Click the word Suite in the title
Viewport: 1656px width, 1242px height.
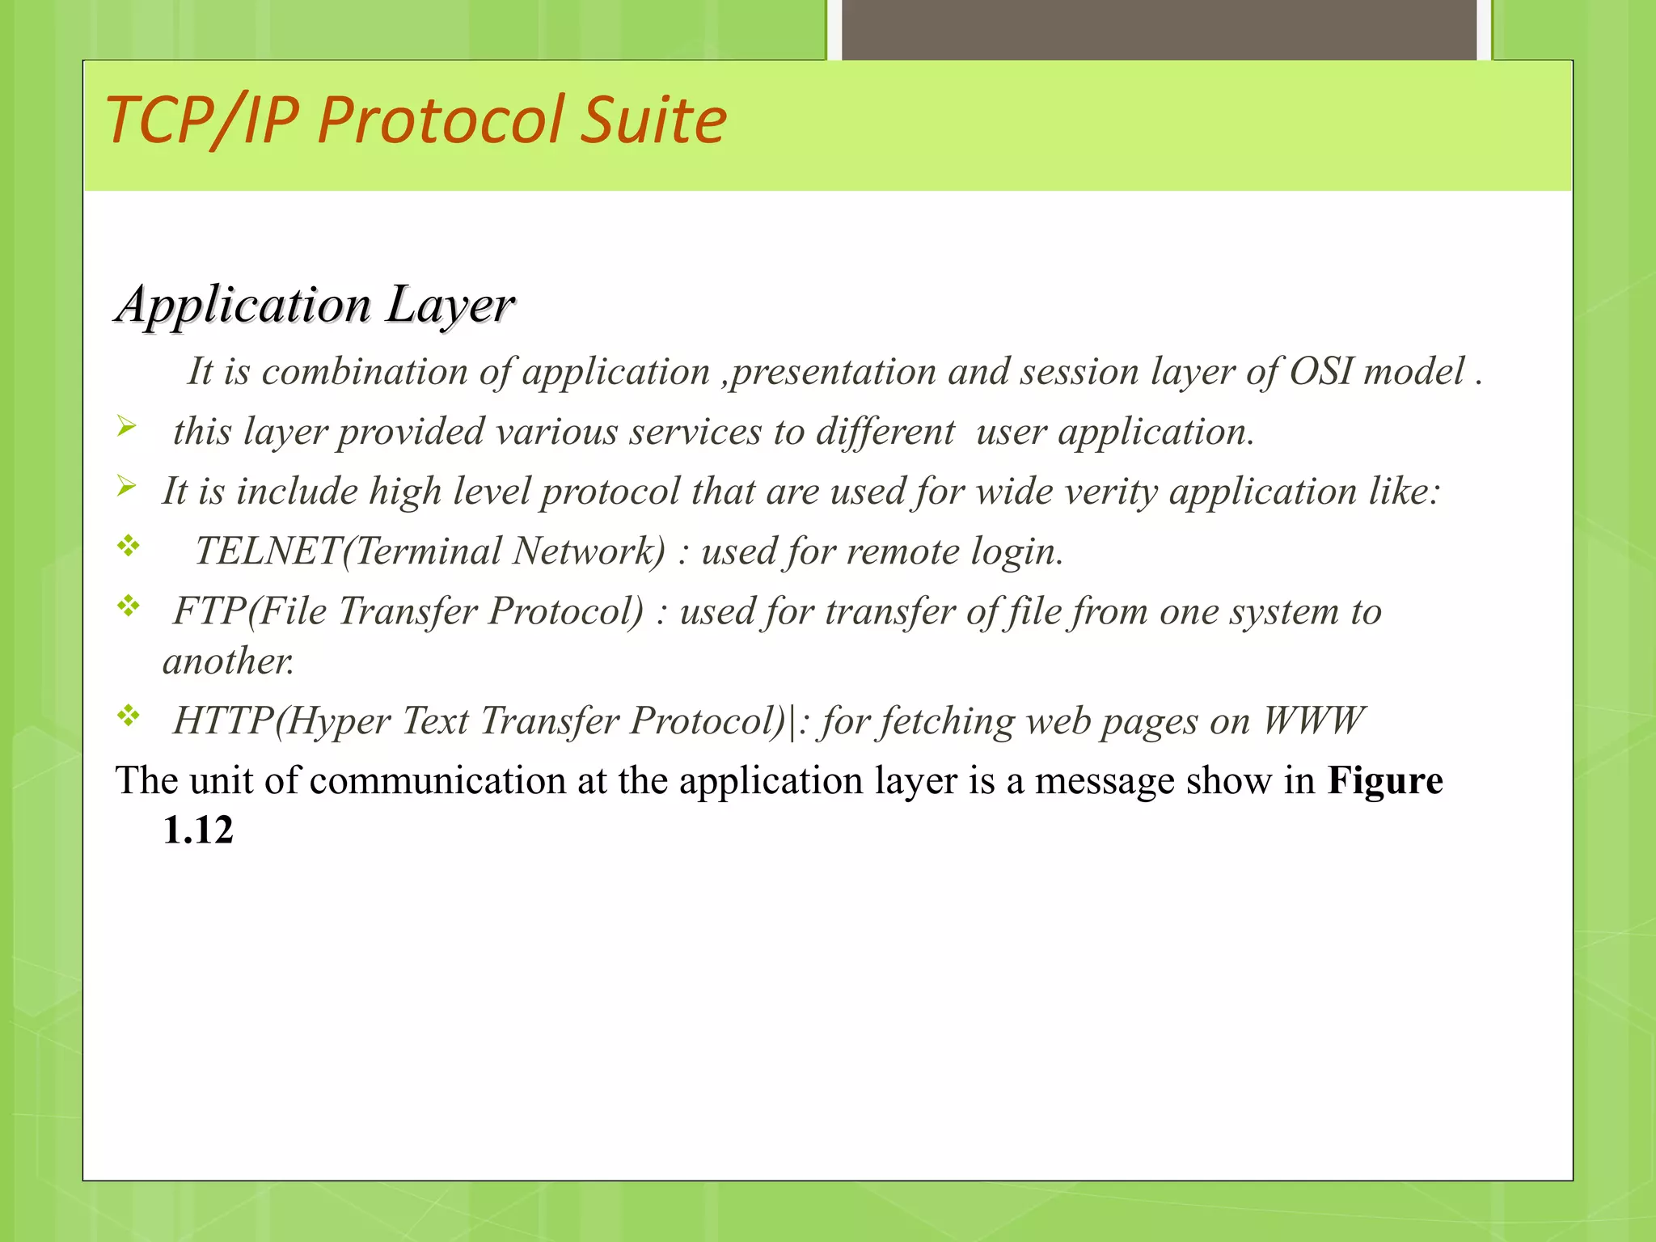coord(654,120)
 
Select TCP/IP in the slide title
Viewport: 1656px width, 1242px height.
coord(202,120)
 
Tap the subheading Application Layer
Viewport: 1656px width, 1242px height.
coord(315,305)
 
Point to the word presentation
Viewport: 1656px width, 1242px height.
coord(834,373)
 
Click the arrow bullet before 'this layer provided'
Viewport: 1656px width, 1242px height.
coord(126,426)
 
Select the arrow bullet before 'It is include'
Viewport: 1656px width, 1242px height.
coord(126,486)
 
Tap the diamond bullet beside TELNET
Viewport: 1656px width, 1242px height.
coord(128,547)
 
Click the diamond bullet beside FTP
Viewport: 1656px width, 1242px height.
coord(128,606)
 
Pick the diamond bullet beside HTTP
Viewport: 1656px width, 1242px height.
coord(128,716)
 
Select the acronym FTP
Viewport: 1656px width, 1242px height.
coord(209,611)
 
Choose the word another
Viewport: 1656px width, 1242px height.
coord(228,661)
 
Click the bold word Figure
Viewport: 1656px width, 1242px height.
coord(1384,781)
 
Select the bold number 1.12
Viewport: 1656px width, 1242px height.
coord(198,830)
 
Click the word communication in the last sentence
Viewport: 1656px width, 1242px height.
coord(437,781)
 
